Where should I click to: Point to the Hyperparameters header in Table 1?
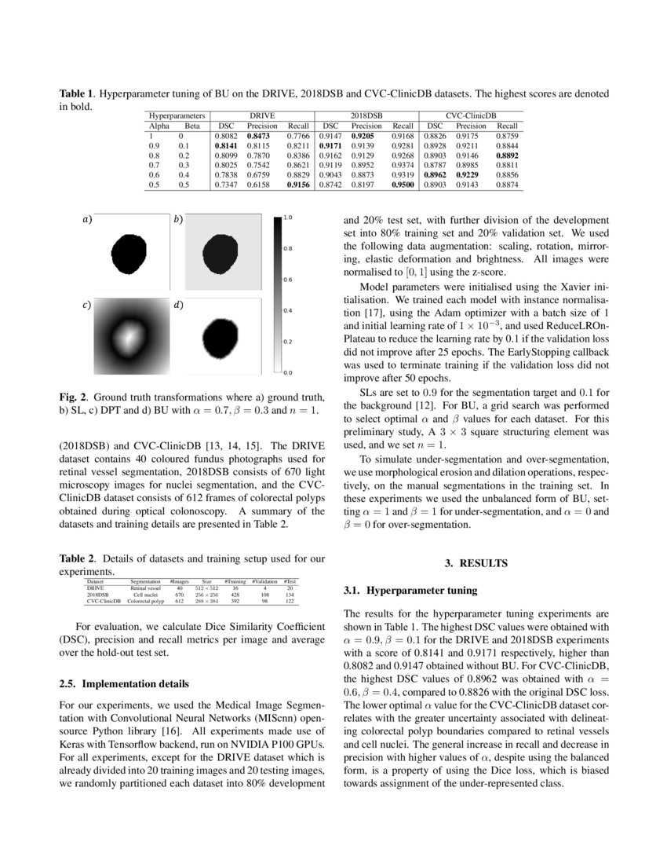177,115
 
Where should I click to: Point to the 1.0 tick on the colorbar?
288,218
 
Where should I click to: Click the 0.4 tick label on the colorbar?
288,311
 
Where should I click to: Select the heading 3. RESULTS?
476,563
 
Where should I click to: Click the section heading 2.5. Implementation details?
123,683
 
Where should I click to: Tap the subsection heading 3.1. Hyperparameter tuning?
410,589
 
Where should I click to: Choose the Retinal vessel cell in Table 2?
145,587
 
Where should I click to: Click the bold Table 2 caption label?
78,558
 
